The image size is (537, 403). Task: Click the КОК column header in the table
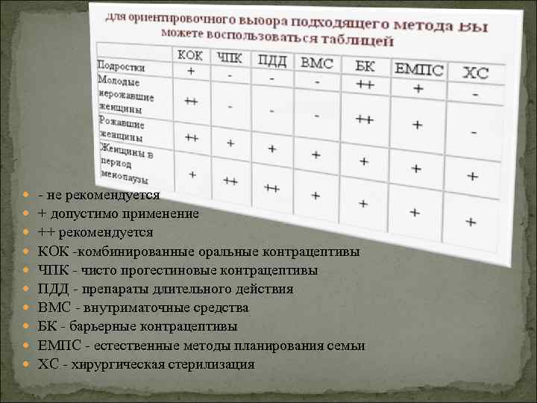pyautogui.click(x=190, y=56)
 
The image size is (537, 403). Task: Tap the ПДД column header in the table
pyautogui.click(x=274, y=60)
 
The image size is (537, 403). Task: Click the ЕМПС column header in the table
pyautogui.click(x=418, y=70)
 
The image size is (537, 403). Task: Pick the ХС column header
pyautogui.click(x=475, y=73)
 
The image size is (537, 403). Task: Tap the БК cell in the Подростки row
pyautogui.click(x=365, y=84)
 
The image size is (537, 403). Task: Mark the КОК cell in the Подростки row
pyautogui.click(x=191, y=72)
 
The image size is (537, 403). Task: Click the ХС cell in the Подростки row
pyautogui.click(x=475, y=96)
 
